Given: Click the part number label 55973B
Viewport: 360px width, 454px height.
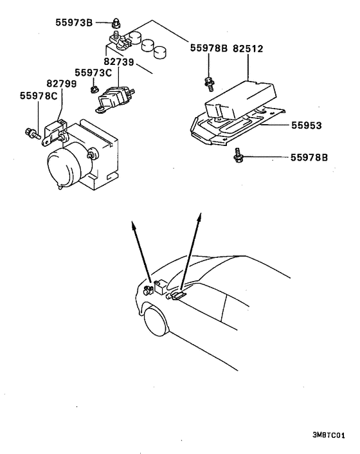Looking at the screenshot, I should pyautogui.click(x=75, y=23).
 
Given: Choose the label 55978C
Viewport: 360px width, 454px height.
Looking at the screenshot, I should pyautogui.click(x=39, y=96).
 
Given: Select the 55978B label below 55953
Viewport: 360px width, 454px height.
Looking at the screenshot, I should pyautogui.click(x=309, y=156).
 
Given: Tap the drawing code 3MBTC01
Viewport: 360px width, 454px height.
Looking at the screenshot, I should pyautogui.click(x=328, y=435).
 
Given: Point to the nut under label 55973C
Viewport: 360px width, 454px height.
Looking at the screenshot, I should pyautogui.click(x=94, y=89).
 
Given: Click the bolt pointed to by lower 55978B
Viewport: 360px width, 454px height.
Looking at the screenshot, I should pyautogui.click(x=239, y=154).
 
